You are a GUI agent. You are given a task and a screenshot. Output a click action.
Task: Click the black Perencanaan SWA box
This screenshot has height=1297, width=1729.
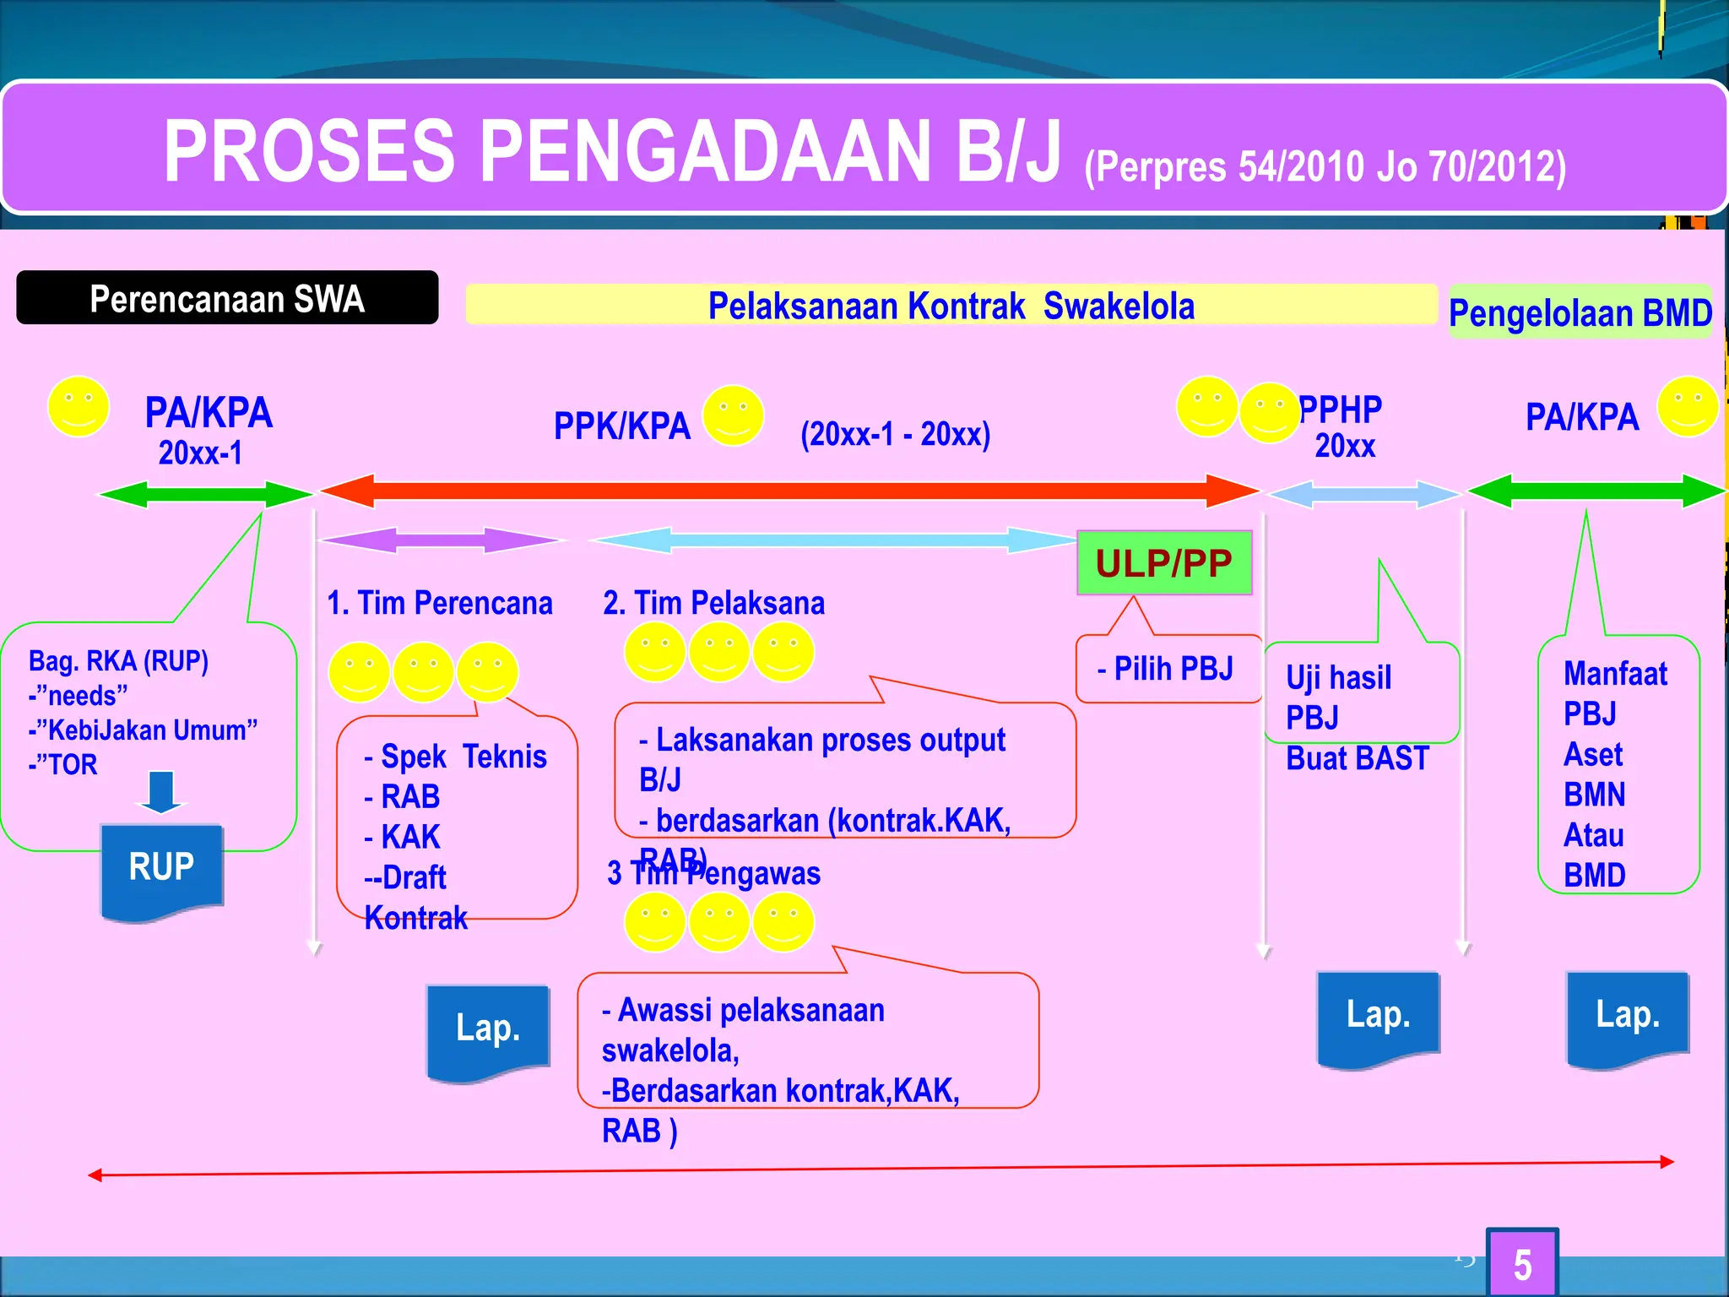[x=227, y=298]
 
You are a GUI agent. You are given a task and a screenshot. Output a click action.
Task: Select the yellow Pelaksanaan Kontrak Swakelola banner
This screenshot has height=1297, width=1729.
[x=951, y=305]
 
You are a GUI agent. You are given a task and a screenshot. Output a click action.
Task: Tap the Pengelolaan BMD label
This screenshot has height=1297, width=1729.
[x=1580, y=313]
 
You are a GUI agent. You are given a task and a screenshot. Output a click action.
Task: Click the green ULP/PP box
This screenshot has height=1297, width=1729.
[x=1163, y=563]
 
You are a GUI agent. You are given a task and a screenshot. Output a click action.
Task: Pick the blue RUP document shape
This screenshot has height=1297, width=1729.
[x=161, y=870]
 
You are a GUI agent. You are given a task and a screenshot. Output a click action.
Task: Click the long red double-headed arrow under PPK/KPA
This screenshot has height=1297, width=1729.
[x=789, y=491]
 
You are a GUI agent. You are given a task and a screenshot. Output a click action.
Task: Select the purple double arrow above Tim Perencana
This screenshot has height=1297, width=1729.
[x=439, y=540]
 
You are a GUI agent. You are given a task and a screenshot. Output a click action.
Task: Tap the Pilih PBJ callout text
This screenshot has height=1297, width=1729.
[x=1165, y=669]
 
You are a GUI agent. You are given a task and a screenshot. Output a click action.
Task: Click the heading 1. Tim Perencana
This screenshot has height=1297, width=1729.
[x=439, y=603]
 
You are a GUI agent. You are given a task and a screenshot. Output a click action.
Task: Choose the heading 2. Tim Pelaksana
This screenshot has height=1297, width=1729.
[x=713, y=603]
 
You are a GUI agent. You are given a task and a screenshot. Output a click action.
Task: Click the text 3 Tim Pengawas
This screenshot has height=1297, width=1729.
[x=714, y=874]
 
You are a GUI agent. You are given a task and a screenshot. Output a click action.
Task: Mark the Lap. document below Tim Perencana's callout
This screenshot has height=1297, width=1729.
[x=488, y=1030]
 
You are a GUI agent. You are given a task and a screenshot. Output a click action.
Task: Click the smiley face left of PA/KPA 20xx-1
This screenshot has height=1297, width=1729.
[x=79, y=407]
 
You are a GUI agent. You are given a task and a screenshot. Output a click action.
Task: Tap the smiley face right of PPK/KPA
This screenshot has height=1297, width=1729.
[x=733, y=415]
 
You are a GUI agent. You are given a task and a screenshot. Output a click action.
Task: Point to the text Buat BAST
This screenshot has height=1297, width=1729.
[x=1357, y=758]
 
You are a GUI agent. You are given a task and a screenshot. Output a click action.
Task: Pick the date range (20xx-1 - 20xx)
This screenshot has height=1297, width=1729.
[x=895, y=434]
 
